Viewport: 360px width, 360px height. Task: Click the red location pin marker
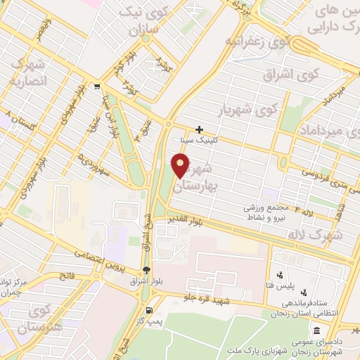[x=181, y=167]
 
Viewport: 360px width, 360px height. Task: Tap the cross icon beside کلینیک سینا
[x=200, y=130]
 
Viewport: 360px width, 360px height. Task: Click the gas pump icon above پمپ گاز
[x=148, y=311]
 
